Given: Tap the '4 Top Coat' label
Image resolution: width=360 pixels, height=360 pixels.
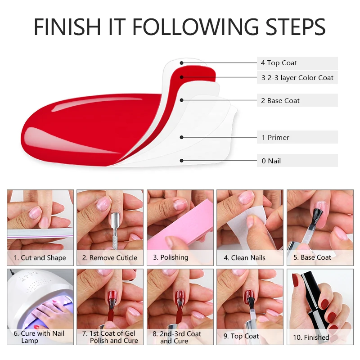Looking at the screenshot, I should click(279, 63).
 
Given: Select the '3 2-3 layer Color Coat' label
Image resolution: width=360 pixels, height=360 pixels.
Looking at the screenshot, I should click(297, 77).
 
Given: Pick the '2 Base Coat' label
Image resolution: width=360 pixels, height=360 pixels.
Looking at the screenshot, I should click(280, 100).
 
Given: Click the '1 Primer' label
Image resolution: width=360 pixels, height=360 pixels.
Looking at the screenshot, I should click(275, 137).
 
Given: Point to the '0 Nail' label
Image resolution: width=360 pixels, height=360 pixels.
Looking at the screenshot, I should click(271, 161).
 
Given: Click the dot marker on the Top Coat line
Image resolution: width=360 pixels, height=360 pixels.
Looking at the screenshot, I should click(182, 63).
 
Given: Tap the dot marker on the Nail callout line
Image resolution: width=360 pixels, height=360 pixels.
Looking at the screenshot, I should click(182, 160).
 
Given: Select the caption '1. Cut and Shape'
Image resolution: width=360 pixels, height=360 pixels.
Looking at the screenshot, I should click(40, 258).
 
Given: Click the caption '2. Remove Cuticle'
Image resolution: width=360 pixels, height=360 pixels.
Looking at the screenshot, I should click(110, 258).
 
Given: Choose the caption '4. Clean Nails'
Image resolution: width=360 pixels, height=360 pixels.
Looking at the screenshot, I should click(244, 258).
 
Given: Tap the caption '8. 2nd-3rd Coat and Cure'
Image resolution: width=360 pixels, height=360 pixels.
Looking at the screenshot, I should click(180, 337).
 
